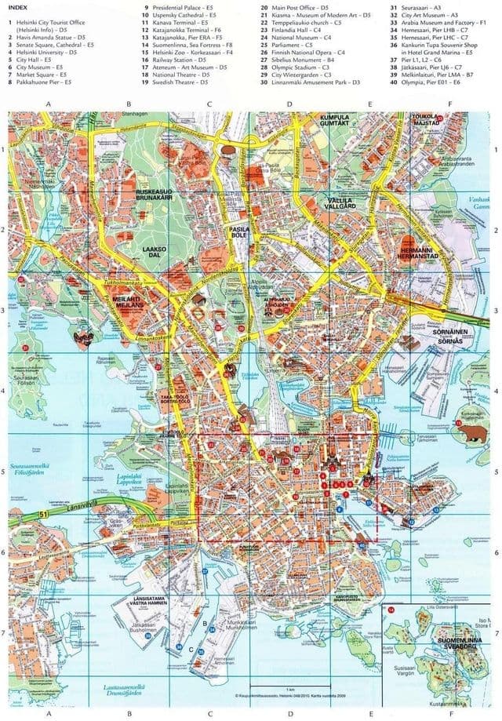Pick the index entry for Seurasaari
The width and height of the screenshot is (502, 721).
pos(417,7)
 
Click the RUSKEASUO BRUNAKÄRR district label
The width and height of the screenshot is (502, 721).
pos(154,195)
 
